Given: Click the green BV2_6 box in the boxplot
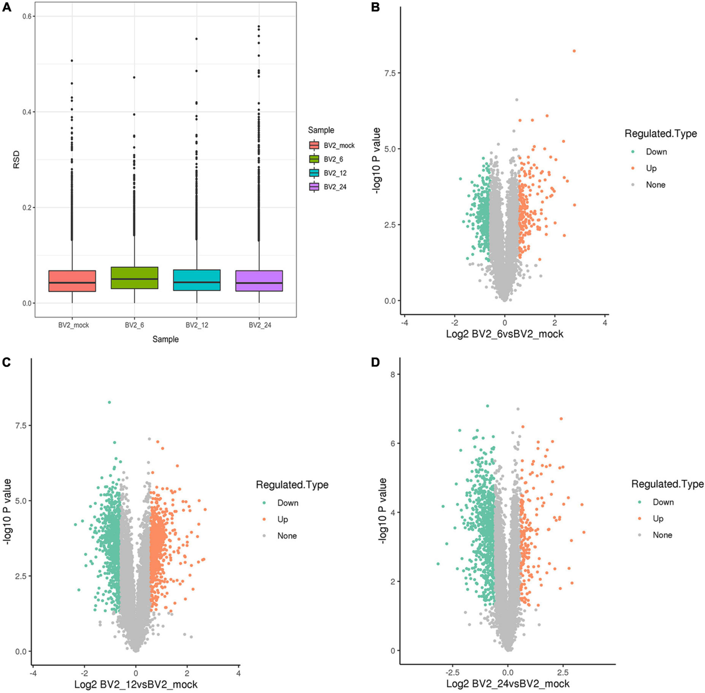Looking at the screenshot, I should [x=135, y=277].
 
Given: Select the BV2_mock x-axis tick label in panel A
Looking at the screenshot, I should [x=72, y=325].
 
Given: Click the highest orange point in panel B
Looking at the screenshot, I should [x=574, y=51].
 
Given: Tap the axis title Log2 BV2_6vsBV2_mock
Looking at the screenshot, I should [x=505, y=334].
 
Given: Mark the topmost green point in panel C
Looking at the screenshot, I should [x=109, y=402].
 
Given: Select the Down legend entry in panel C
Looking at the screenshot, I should [x=287, y=503].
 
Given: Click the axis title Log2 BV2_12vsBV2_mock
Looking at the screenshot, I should [x=136, y=685].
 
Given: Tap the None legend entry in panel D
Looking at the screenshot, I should [x=662, y=535].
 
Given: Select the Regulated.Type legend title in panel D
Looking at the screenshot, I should [x=667, y=484].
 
